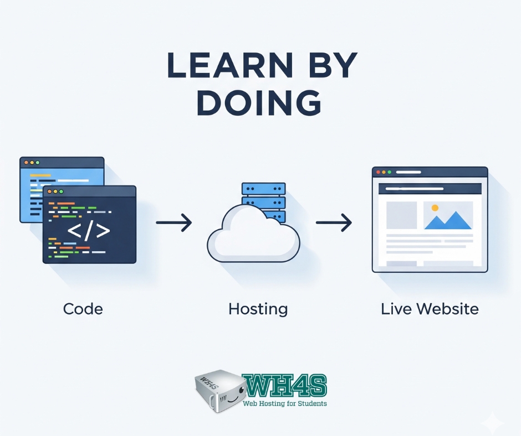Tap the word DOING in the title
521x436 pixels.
click(259, 102)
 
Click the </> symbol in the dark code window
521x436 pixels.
click(89, 231)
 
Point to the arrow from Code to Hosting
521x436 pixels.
click(173, 223)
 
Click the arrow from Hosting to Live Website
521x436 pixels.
click(334, 223)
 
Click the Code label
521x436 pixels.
click(83, 308)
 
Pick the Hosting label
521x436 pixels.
click(258, 309)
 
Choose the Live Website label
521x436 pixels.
click(430, 308)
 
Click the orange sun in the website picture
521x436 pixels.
click(435, 208)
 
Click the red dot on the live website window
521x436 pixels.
click(379, 173)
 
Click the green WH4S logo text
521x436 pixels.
click(284, 386)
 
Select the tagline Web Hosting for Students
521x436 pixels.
click(285, 403)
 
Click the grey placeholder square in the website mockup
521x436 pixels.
click(401, 215)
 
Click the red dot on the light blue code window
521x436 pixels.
click(25, 163)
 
